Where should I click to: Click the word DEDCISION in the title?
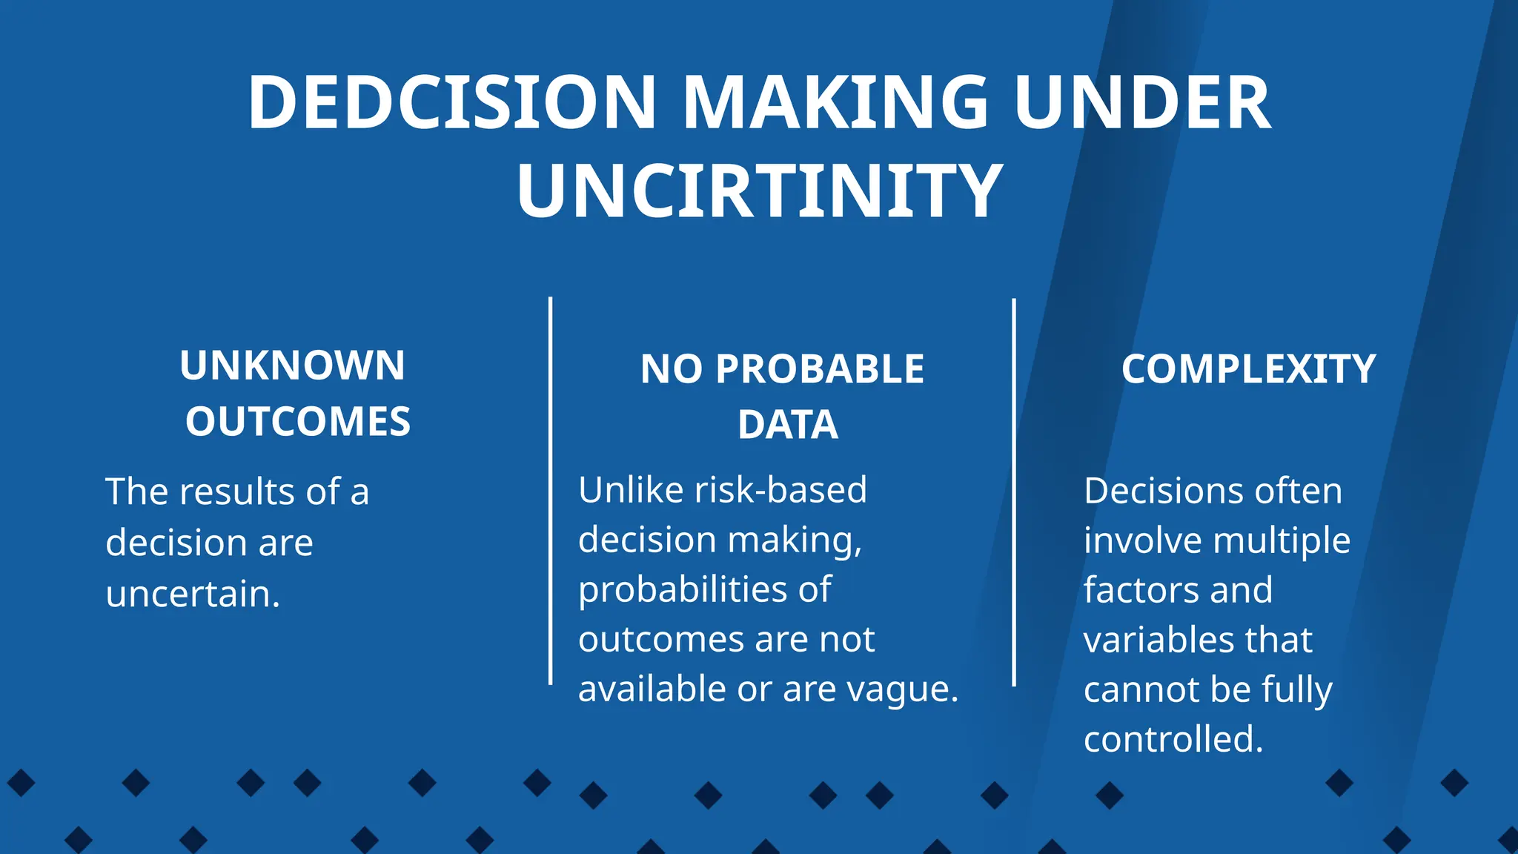(x=451, y=103)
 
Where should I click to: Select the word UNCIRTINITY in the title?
(x=760, y=191)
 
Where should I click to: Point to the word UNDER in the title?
(x=1142, y=103)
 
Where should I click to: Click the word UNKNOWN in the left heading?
(x=293, y=365)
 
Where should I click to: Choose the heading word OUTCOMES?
(x=298, y=422)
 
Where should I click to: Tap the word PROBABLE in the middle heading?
(x=820, y=369)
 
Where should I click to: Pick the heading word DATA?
(x=788, y=426)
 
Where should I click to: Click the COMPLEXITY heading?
(x=1248, y=369)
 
